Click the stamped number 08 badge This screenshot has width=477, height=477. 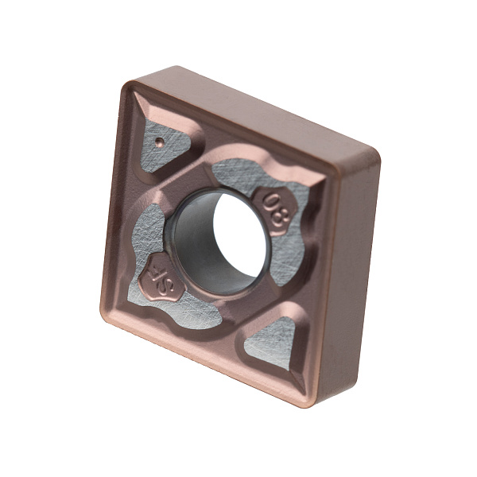click(x=275, y=210)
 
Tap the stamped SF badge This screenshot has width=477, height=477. click(x=161, y=279)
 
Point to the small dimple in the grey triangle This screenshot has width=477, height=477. click(x=159, y=141)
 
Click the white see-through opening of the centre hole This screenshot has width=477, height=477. click(x=239, y=237)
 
